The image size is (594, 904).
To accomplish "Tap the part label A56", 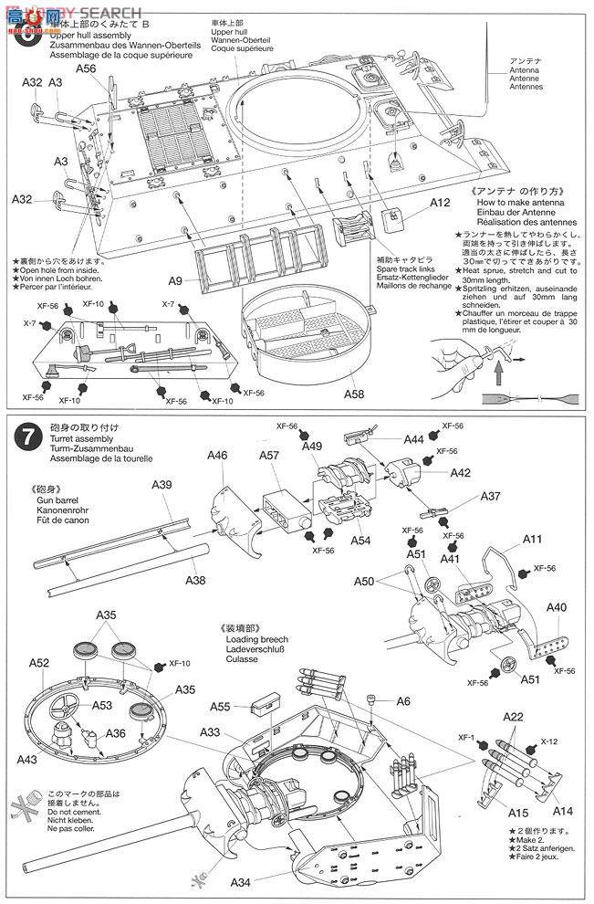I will point(87,68).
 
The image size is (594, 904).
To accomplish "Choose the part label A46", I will point(217,455).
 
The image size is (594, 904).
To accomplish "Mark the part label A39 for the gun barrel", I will point(162,484).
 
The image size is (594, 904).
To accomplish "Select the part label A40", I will point(556,606).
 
